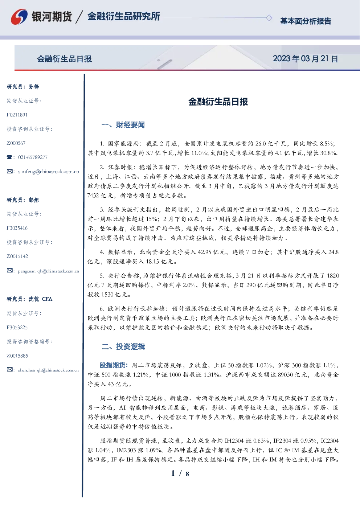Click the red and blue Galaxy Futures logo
19,16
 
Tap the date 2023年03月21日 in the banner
305,59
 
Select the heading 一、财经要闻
123,125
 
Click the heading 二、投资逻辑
123,346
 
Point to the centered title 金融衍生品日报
218,102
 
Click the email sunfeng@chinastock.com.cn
49,171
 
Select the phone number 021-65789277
33,157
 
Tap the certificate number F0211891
17,115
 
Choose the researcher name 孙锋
34,87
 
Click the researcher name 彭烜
34,200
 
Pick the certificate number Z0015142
17,256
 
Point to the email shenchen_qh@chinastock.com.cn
48,370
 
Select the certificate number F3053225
17,328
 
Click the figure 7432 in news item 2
93,196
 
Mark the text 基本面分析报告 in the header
306,21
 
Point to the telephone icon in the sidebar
9,157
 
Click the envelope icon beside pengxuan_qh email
9,271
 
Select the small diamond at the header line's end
269,18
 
